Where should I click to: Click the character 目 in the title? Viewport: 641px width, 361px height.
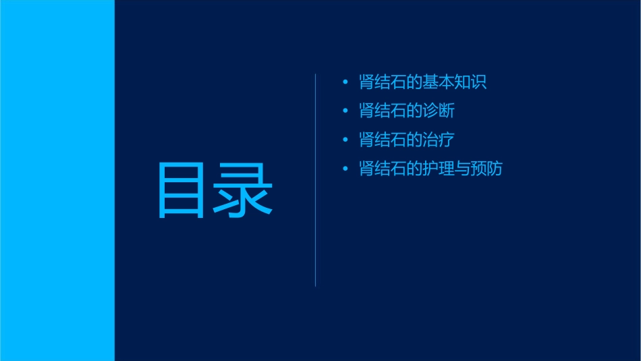pyautogui.click(x=180, y=190)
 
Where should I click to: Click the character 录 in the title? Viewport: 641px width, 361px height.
pyautogui.click(x=244, y=190)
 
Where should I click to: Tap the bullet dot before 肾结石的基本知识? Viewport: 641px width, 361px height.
pyautogui.click(x=345, y=82)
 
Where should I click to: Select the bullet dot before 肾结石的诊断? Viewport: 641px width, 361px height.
pyautogui.click(x=345, y=111)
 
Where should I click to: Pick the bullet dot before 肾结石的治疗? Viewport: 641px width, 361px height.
pyautogui.click(x=345, y=140)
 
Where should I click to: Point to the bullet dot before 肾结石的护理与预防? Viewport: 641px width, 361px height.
pyautogui.click(x=345, y=168)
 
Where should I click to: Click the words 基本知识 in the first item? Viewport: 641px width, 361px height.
pyautogui.click(x=455, y=82)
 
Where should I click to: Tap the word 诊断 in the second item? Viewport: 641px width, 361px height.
pyautogui.click(x=439, y=111)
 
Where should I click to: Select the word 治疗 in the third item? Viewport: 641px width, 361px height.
pyautogui.click(x=439, y=140)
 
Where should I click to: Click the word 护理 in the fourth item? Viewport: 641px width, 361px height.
pyautogui.click(x=439, y=168)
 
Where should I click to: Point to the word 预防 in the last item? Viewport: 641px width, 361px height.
pyautogui.click(x=486, y=168)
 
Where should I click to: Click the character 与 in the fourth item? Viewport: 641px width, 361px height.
pyautogui.click(x=463, y=168)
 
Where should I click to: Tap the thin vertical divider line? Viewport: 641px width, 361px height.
pyautogui.click(x=316, y=180)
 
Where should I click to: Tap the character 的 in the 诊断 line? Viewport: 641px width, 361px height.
pyautogui.click(x=414, y=111)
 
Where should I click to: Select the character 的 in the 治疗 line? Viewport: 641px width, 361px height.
pyautogui.click(x=414, y=140)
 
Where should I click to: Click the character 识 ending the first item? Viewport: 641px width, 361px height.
pyautogui.click(x=479, y=82)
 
